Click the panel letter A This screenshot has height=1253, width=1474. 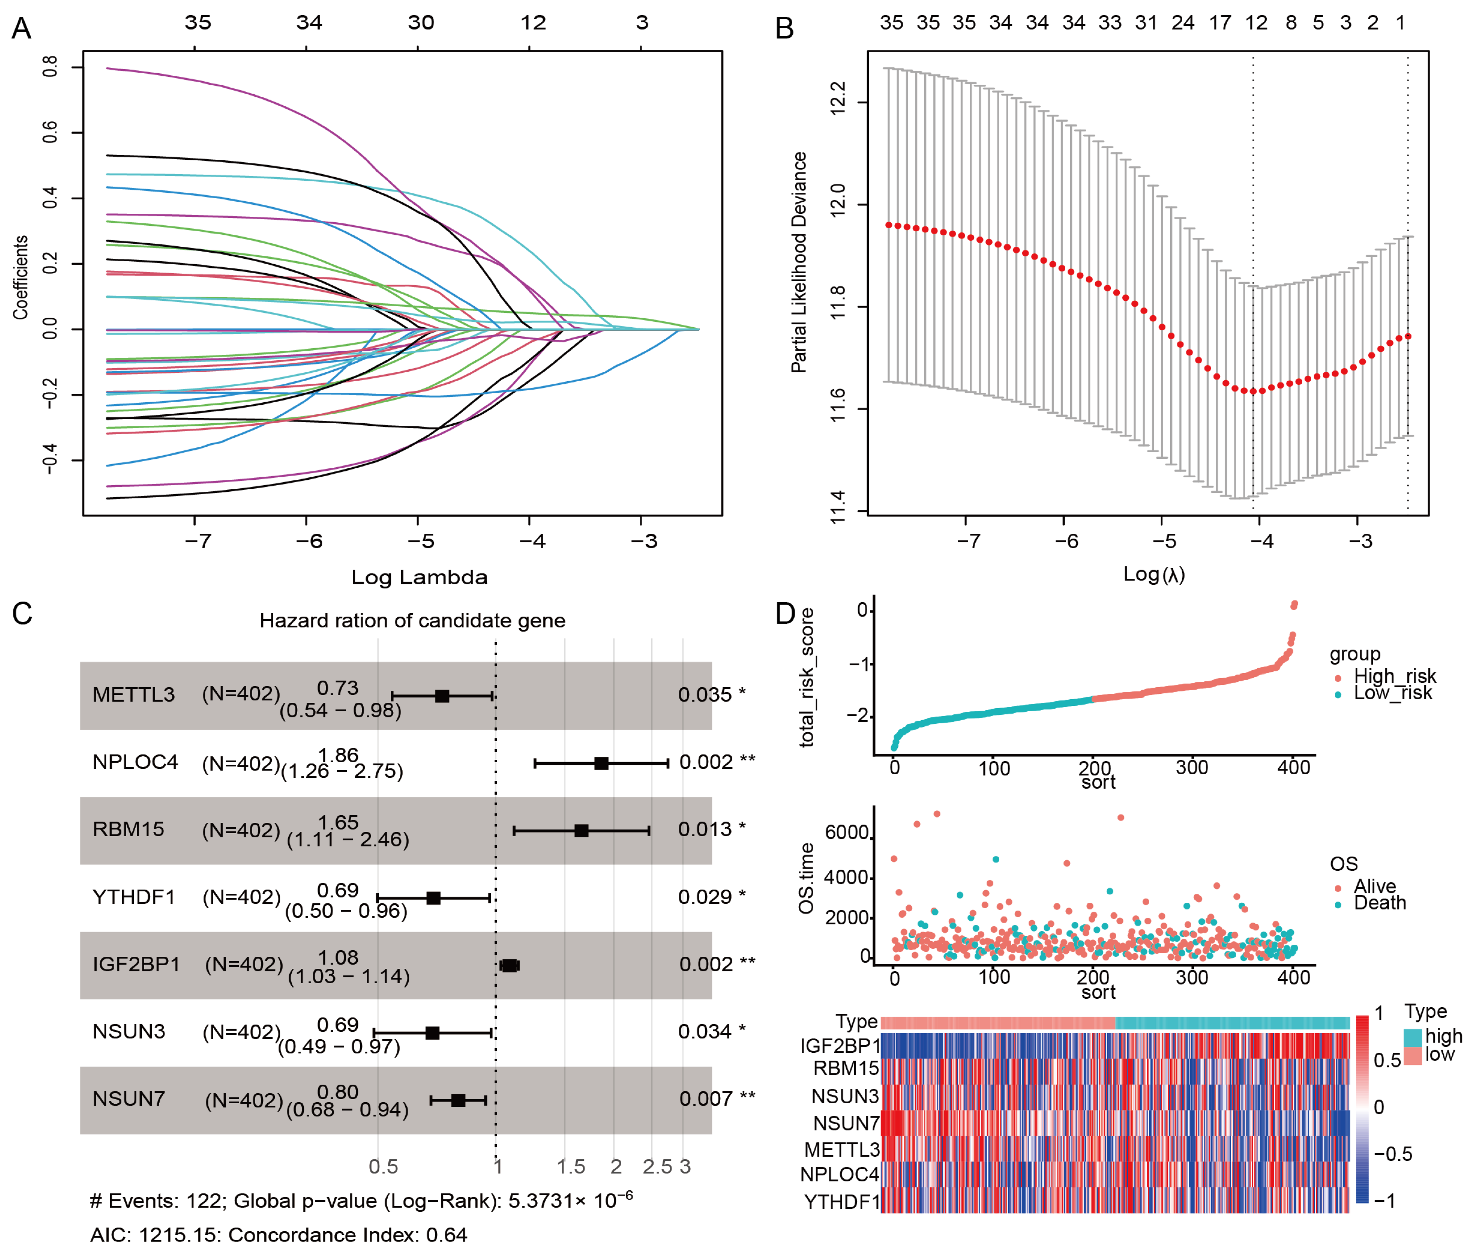pyautogui.click(x=21, y=29)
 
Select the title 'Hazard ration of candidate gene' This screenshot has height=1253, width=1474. pyautogui.click(x=412, y=621)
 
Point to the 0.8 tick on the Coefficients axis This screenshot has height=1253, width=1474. pyautogui.click(x=50, y=67)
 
